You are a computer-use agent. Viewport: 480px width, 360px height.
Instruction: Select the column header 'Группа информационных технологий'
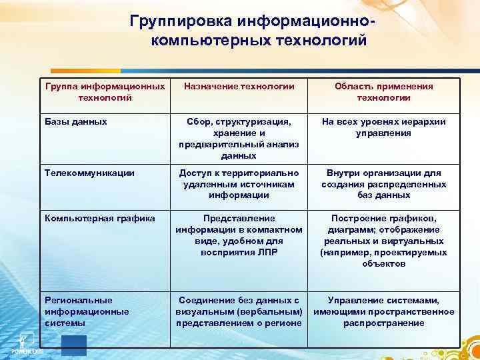105,92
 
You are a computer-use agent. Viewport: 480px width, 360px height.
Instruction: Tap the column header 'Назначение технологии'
239,87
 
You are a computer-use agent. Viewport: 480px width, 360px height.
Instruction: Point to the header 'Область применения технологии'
383,92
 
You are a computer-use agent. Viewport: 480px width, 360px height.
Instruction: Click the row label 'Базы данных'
75,122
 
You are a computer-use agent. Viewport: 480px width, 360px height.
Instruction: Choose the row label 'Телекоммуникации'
89,173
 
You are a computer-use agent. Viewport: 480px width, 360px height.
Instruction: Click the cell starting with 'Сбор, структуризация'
239,139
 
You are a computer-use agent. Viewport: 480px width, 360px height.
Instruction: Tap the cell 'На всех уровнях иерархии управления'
383,127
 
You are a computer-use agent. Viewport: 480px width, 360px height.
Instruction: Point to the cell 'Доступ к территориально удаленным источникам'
239,184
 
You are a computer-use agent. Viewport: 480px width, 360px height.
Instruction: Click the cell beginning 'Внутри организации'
383,184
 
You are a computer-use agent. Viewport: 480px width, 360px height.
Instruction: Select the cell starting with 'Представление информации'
239,235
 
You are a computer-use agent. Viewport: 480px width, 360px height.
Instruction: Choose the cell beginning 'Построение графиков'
383,241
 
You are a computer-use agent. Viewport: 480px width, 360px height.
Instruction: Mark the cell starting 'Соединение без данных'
239,311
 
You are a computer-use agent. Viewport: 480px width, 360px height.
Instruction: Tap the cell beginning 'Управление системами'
383,311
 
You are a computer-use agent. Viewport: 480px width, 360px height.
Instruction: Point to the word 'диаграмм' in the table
363,229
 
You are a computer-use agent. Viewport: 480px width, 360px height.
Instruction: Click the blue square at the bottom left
73,345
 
